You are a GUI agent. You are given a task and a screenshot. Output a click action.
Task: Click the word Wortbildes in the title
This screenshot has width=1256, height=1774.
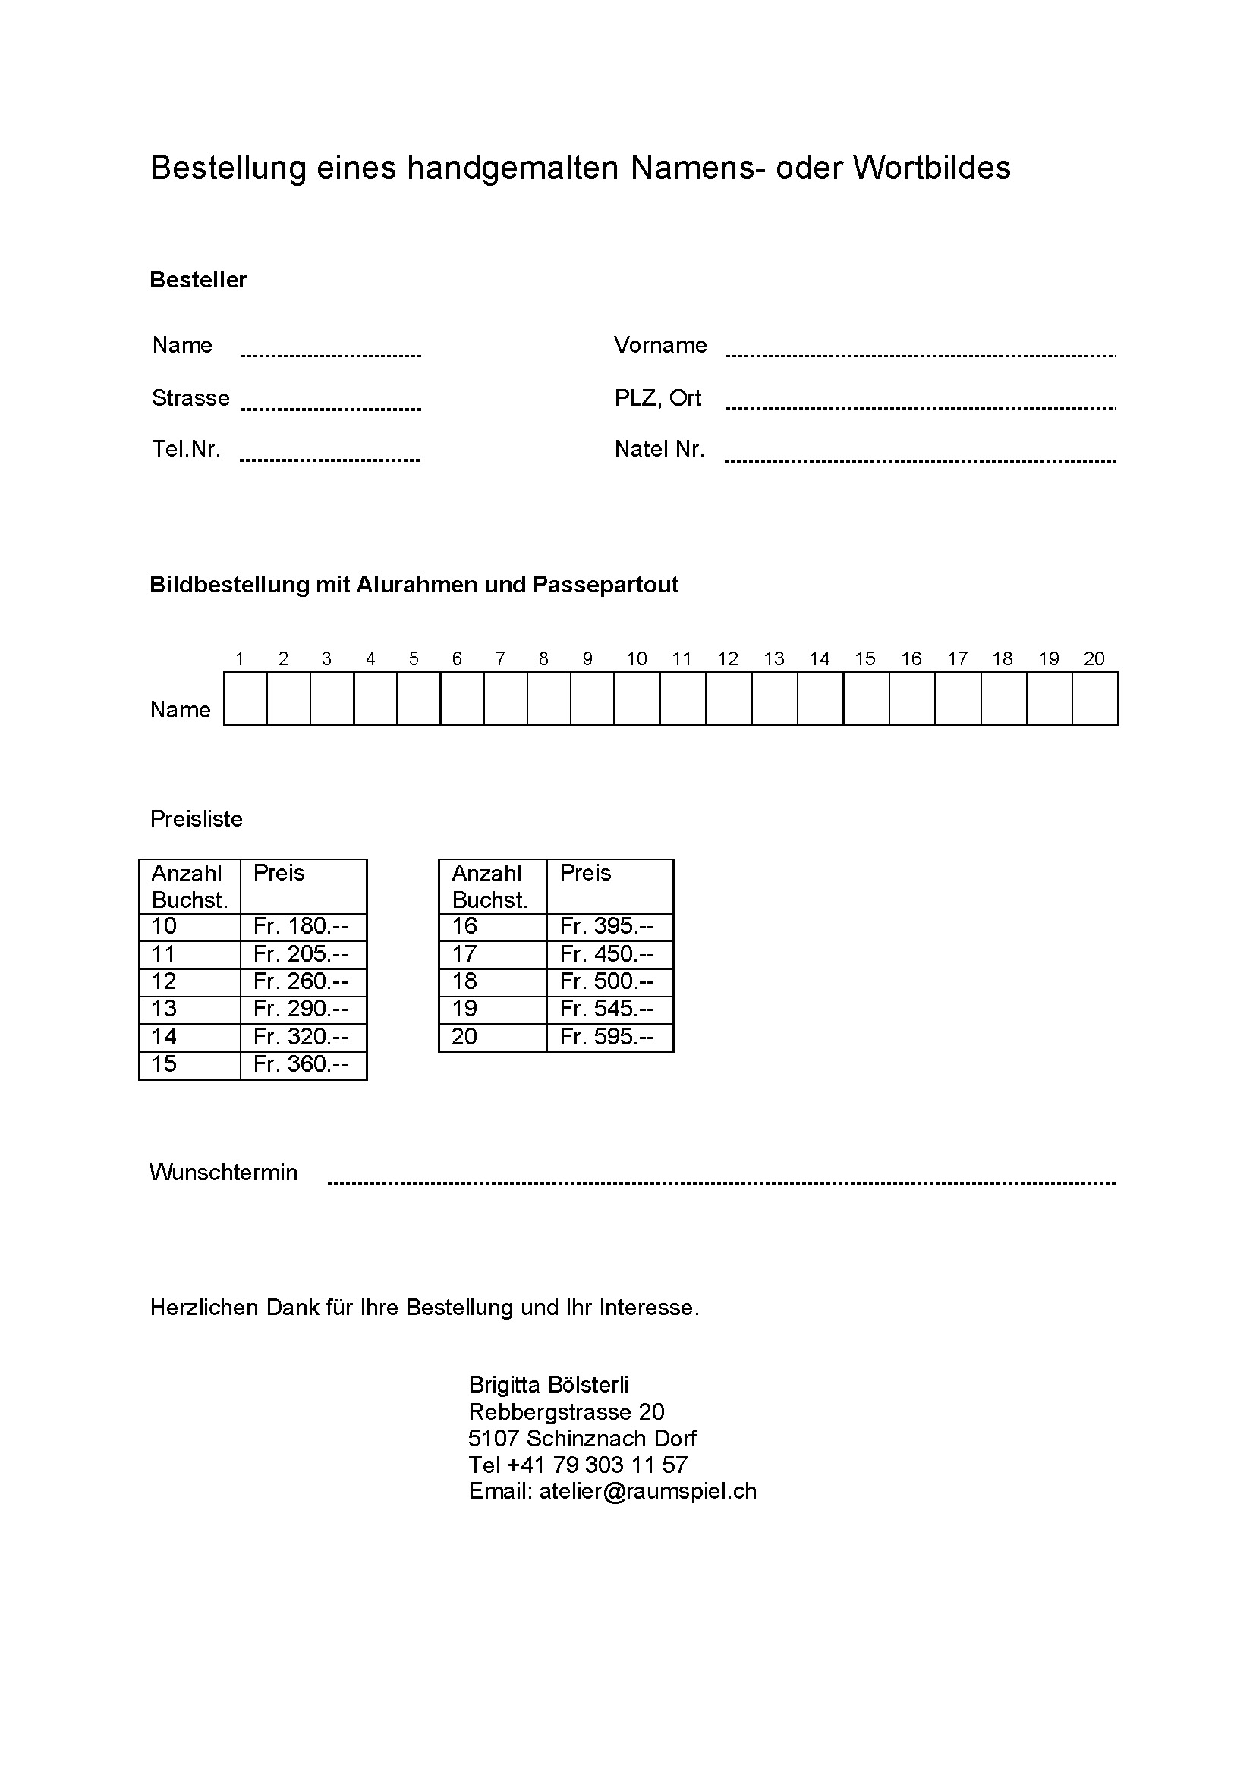pyautogui.click(x=931, y=168)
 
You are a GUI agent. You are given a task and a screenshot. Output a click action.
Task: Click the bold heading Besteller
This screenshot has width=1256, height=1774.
pyautogui.click(x=198, y=280)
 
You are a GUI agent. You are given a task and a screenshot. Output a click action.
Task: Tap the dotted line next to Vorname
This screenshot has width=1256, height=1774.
pyautogui.click(x=921, y=355)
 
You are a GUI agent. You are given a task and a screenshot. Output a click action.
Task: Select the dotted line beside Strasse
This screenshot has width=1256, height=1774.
pyautogui.click(x=331, y=408)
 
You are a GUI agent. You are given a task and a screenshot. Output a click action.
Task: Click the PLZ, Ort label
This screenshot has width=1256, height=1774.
pyautogui.click(x=657, y=398)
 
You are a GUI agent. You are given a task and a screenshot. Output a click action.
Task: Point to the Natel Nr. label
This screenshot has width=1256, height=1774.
pyautogui.click(x=659, y=449)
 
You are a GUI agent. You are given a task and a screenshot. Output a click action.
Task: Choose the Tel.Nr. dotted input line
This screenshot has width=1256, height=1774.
pyautogui.click(x=329, y=460)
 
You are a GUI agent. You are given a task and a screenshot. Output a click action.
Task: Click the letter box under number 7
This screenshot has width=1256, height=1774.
pyautogui.click(x=505, y=699)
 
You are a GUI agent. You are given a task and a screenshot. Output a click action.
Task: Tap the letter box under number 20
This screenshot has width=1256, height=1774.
pyautogui.click(x=1095, y=699)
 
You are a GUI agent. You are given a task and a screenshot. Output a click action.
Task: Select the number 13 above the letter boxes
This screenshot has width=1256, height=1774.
pyautogui.click(x=773, y=658)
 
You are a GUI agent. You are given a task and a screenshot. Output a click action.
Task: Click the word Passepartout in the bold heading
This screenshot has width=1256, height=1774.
pyautogui.click(x=606, y=584)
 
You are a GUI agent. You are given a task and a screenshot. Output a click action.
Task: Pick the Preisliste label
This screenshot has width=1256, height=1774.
pyautogui.click(x=197, y=819)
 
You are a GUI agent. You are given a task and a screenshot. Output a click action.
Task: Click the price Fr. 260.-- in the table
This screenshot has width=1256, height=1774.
pyautogui.click(x=300, y=981)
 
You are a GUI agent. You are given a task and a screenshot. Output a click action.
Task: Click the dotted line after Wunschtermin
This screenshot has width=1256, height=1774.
pyautogui.click(x=721, y=1182)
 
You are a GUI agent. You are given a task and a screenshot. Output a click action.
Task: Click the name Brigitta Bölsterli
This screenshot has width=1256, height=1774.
pyautogui.click(x=549, y=1384)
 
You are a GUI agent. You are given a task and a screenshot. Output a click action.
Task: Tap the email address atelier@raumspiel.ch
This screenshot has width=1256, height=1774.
pyautogui.click(x=647, y=1491)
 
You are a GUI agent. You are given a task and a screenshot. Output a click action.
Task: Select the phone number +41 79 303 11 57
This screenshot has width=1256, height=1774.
pyautogui.click(x=597, y=1465)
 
